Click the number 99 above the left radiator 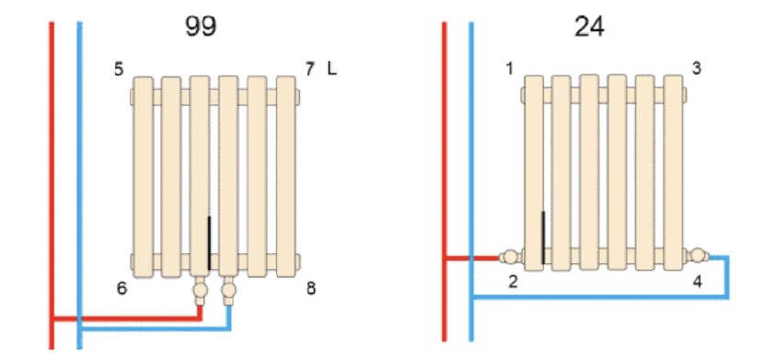click(x=201, y=27)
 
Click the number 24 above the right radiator click(x=589, y=27)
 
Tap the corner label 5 click(x=119, y=69)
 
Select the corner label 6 click(x=122, y=288)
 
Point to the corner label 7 click(x=310, y=69)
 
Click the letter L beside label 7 click(x=331, y=69)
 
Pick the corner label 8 click(x=311, y=288)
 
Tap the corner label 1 click(x=510, y=69)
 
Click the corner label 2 click(x=514, y=283)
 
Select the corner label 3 click(x=696, y=68)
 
